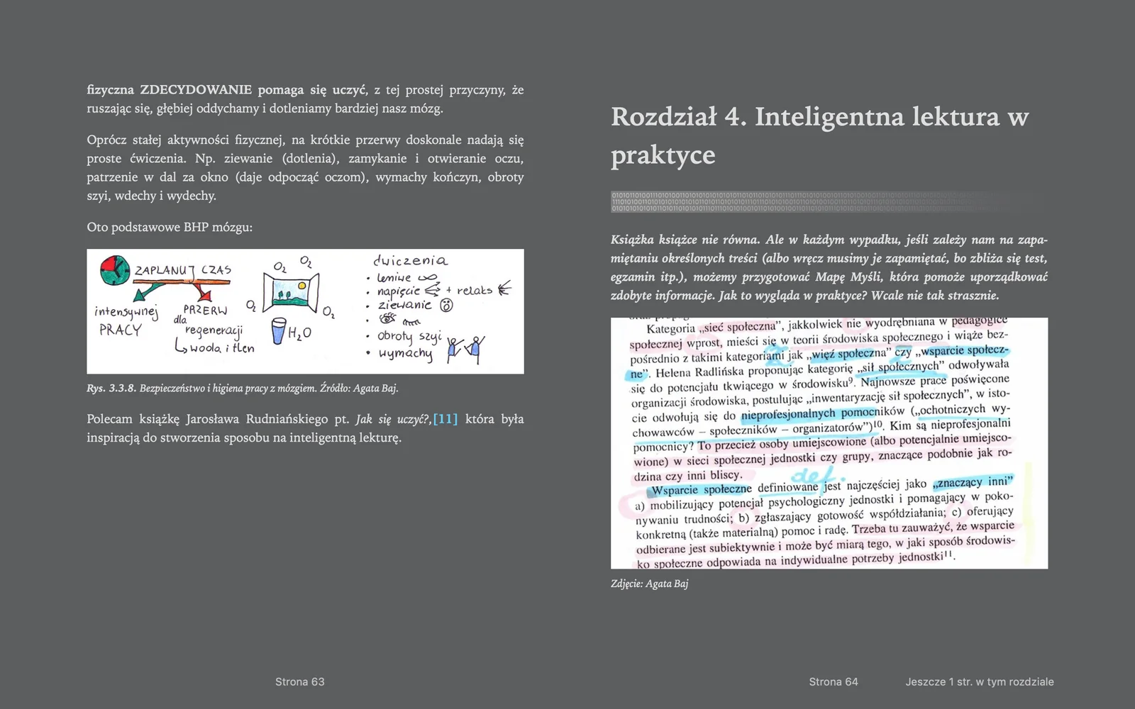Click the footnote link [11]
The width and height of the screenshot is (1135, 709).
click(x=445, y=419)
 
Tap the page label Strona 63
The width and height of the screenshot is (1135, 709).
click(x=299, y=682)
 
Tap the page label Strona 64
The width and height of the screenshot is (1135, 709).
click(x=833, y=682)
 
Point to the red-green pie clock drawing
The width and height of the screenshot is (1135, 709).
click(x=115, y=270)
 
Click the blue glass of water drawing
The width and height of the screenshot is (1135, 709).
click(x=279, y=330)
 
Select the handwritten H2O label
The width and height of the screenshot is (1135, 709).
click(x=299, y=333)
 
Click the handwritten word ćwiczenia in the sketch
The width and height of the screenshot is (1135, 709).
click(x=410, y=261)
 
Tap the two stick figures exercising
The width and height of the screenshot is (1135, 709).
click(x=465, y=348)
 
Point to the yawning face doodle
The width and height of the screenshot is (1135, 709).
click(x=447, y=306)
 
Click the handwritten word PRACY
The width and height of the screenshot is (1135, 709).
click(x=120, y=330)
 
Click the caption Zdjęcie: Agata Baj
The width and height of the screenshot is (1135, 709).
click(x=649, y=584)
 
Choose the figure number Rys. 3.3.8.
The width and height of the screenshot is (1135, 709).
click(x=111, y=389)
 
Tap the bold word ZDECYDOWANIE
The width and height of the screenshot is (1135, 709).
click(x=196, y=90)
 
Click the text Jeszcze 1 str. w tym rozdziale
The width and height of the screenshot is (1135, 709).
click(x=979, y=682)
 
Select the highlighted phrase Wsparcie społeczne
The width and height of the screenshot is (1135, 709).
click(x=701, y=489)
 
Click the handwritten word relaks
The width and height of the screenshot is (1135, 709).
click(x=474, y=290)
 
